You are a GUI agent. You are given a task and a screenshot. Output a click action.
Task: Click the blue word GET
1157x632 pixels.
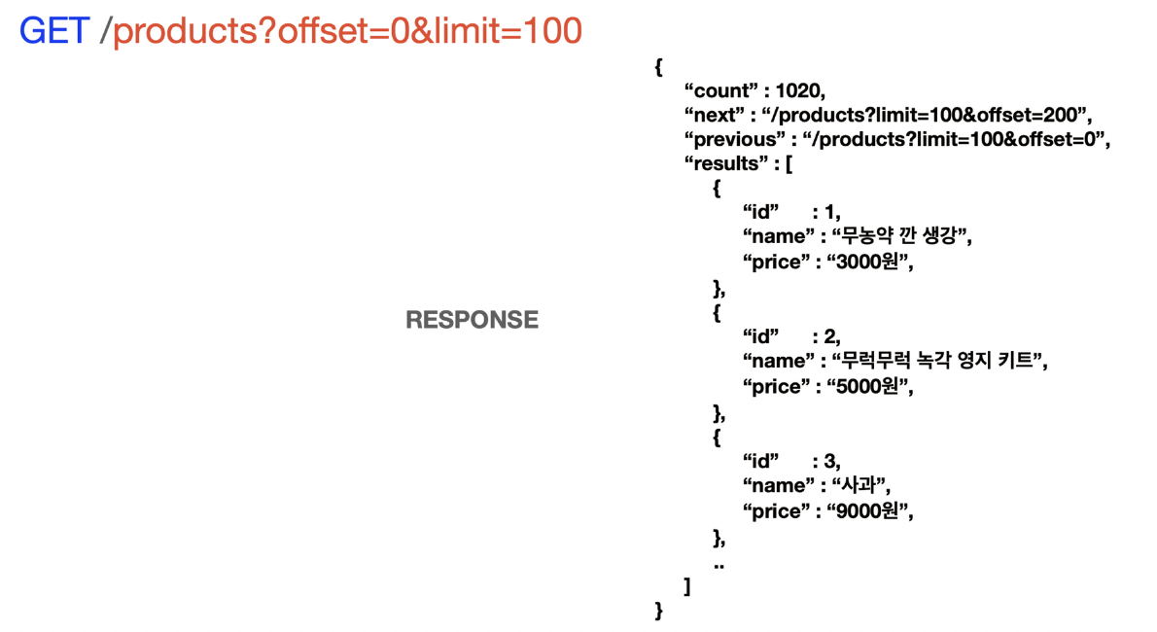click(x=54, y=31)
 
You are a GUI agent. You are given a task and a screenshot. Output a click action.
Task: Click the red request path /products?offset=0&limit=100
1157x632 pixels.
click(x=347, y=31)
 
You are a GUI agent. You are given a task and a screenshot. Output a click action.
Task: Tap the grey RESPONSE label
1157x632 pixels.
click(x=472, y=320)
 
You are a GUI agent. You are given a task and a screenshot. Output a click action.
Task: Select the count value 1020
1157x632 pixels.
click(x=799, y=90)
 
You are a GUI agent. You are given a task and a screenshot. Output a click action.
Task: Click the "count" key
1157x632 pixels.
click(x=719, y=90)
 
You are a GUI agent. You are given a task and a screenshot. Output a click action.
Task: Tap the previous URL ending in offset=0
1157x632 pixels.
click(x=956, y=139)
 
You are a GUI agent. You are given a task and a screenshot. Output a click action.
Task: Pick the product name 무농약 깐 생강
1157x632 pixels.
click(x=901, y=236)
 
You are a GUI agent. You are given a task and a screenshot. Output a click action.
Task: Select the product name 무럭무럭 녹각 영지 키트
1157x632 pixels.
click(x=939, y=361)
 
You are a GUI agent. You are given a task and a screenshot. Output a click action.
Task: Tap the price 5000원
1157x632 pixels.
click(x=870, y=386)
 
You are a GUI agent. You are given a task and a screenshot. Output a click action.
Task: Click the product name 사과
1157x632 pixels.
click(x=860, y=485)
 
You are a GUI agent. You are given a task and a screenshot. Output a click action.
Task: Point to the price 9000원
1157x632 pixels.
click(x=870, y=510)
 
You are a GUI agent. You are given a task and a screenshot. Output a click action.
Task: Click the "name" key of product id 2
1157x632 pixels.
click(x=775, y=361)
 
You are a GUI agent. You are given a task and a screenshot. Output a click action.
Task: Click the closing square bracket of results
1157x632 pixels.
click(x=687, y=586)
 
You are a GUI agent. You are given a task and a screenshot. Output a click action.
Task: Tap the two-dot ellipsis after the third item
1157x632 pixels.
click(x=719, y=565)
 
